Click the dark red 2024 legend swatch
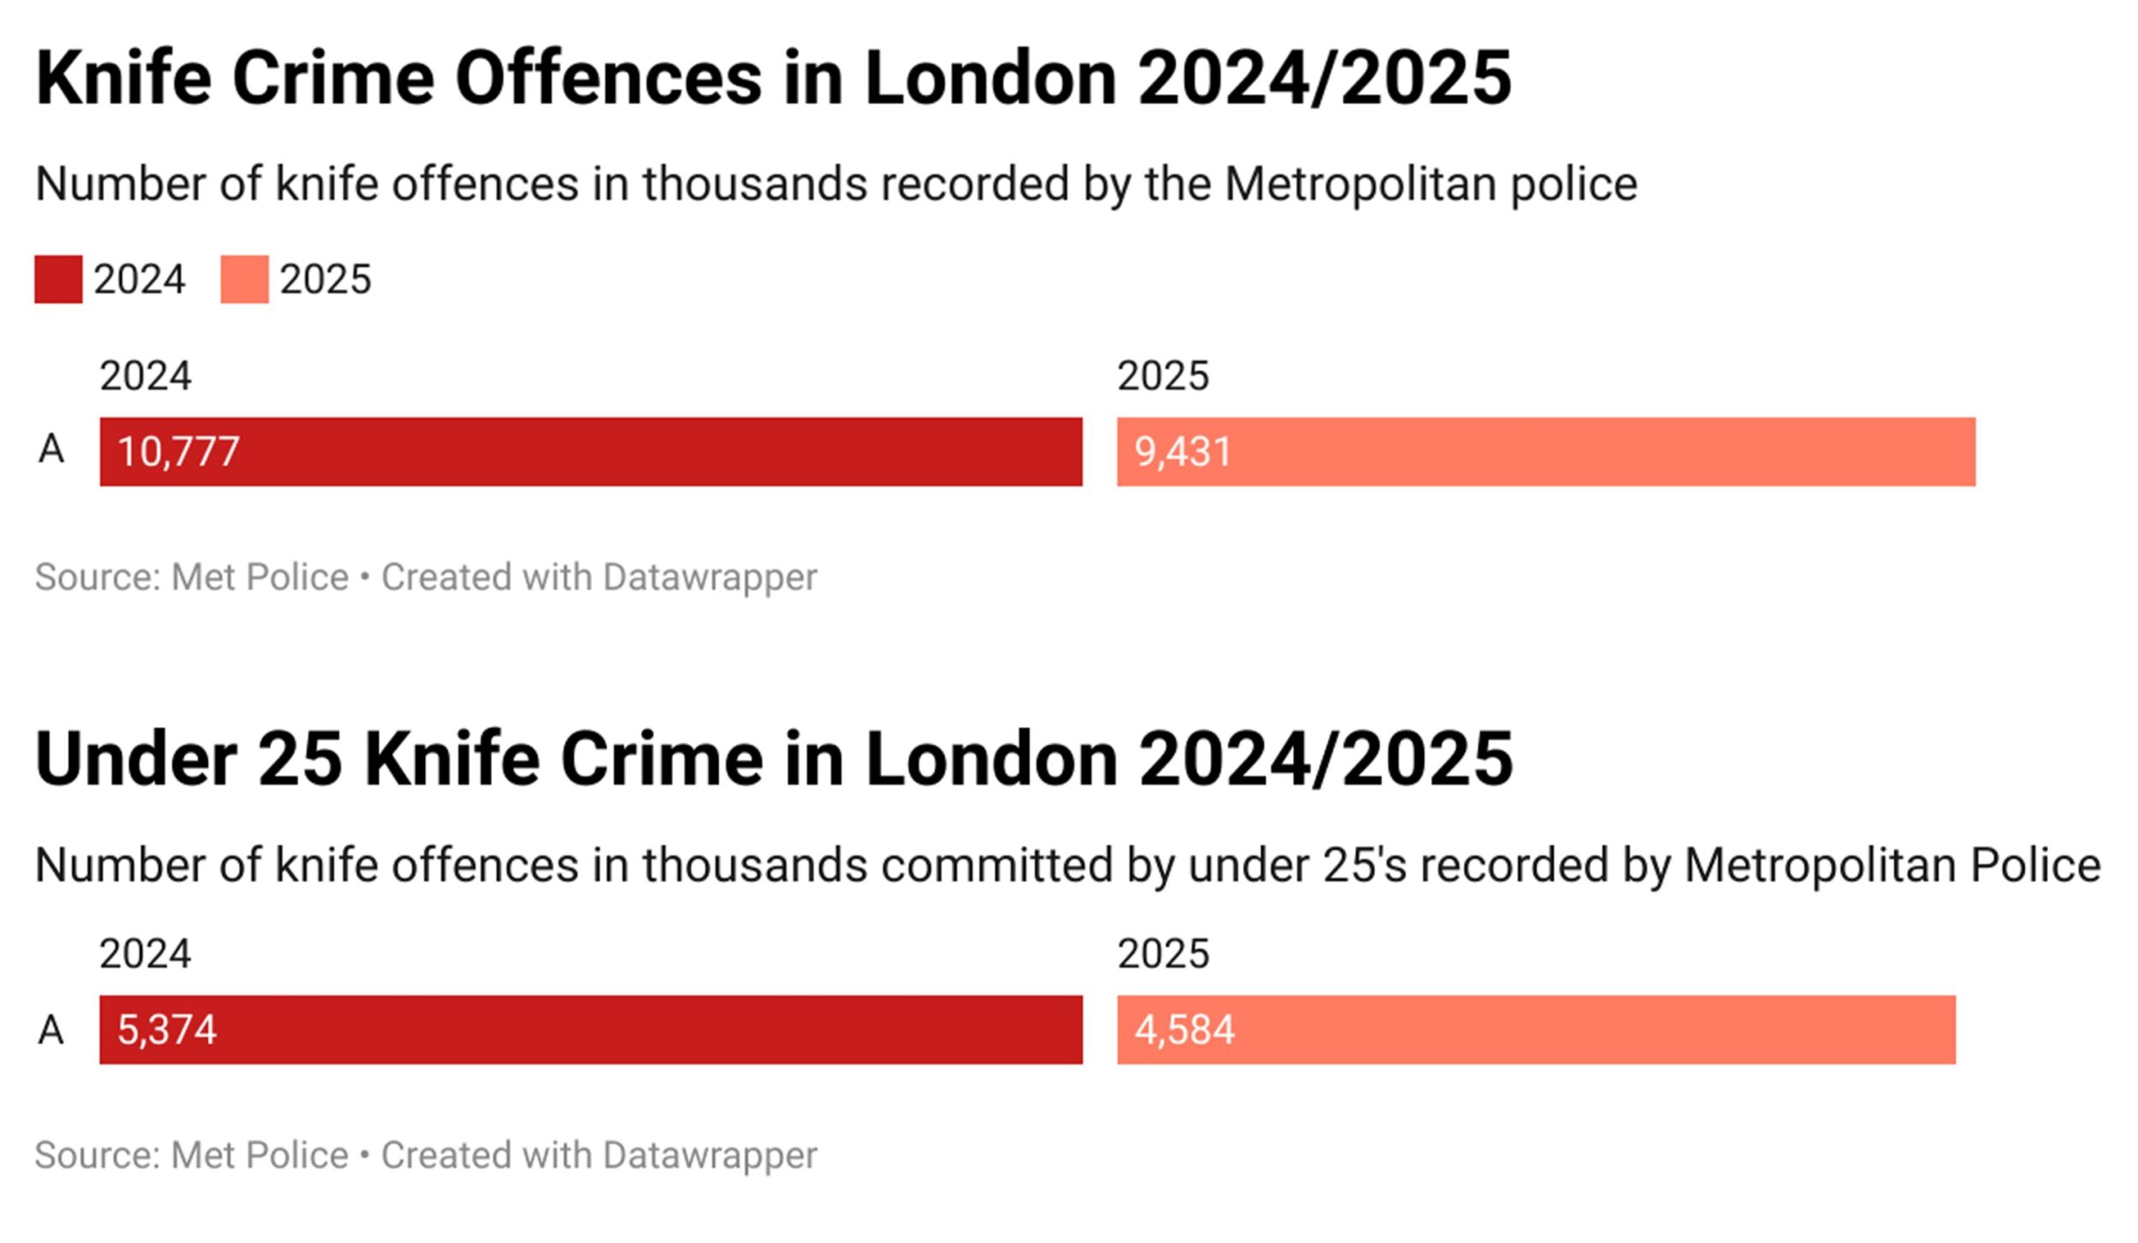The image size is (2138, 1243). tap(58, 279)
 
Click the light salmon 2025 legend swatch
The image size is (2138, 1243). tap(244, 279)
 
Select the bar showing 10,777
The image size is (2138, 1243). tap(590, 452)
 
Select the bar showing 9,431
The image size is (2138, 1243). tap(1545, 452)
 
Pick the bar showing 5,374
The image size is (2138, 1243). tap(590, 1029)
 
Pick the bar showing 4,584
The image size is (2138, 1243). tap(1536, 1029)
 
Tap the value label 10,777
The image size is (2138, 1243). tap(178, 452)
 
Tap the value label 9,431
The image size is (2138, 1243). tap(1182, 452)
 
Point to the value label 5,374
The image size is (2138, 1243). tap(167, 1029)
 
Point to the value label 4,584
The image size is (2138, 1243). tap(1184, 1029)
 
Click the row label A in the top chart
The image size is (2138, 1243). tap(51, 449)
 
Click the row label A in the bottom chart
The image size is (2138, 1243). tap(51, 1029)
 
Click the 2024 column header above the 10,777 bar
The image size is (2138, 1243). tap(145, 376)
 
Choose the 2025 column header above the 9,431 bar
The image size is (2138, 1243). tap(1163, 376)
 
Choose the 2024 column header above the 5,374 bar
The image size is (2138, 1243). tap(145, 954)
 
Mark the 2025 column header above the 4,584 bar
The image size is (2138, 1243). tap(1163, 954)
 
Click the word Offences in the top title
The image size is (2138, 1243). tap(608, 79)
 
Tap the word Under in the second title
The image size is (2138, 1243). tap(136, 759)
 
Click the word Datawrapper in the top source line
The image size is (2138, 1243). tap(710, 577)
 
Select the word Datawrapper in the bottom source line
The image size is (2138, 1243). tap(710, 1155)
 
